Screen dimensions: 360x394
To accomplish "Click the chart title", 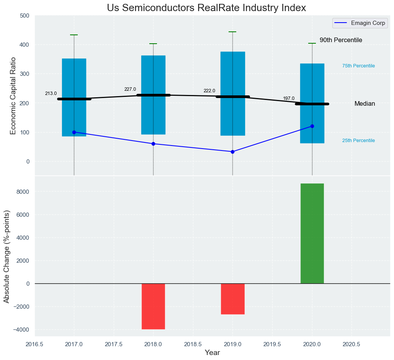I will pos(206,8).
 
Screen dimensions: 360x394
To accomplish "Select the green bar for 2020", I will pos(312,234).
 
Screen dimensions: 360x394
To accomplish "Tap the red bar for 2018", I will pos(153,306).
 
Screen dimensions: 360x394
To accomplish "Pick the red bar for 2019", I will pos(232,299).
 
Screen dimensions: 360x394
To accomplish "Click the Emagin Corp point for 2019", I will pos(232,152).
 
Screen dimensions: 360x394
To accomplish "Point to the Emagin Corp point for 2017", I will pos(74,132).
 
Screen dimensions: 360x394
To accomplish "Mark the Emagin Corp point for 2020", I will pos(312,126).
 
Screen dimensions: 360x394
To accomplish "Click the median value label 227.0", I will pos(130,89).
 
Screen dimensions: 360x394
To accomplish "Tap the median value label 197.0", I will pos(289,98).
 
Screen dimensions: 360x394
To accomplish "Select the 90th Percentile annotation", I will pos(341,40).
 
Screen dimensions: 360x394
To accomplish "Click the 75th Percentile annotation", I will pos(358,66).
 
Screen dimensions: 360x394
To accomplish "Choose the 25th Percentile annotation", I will pos(358,141).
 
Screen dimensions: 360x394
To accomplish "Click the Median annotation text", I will pos(365,104).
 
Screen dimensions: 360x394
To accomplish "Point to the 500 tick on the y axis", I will pos(25,16).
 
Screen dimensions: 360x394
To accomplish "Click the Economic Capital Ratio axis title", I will pos(13,96).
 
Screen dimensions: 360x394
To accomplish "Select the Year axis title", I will pos(212,353).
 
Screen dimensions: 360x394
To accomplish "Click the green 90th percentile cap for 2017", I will pos(74,35).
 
